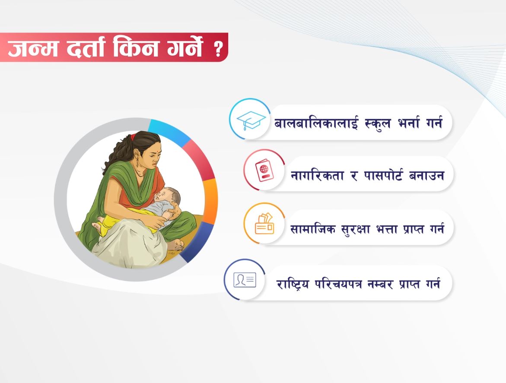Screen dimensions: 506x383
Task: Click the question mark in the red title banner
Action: [218, 49]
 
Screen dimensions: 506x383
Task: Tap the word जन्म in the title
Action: [33, 48]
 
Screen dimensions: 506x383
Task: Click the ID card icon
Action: [245, 279]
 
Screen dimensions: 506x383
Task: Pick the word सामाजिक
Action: [313, 228]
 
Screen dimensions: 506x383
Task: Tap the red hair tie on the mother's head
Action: [133, 137]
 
